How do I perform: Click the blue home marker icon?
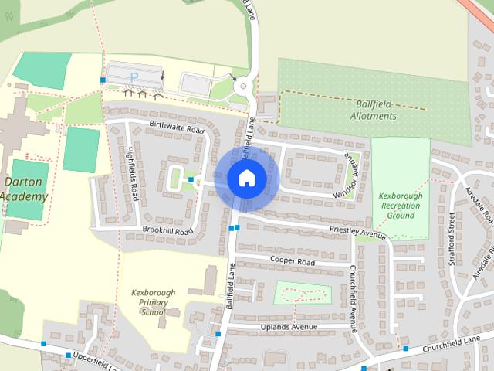(x=246, y=178)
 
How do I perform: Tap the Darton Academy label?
(x=24, y=189)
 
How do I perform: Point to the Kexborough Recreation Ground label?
(x=401, y=206)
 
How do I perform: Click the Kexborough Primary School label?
(x=153, y=302)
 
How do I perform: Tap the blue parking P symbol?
(x=134, y=77)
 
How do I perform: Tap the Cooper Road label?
(x=292, y=262)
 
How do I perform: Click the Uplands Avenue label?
(x=289, y=327)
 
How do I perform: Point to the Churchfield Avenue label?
(x=353, y=298)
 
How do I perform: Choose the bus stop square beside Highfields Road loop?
(x=191, y=179)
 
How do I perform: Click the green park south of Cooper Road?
(x=303, y=294)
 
